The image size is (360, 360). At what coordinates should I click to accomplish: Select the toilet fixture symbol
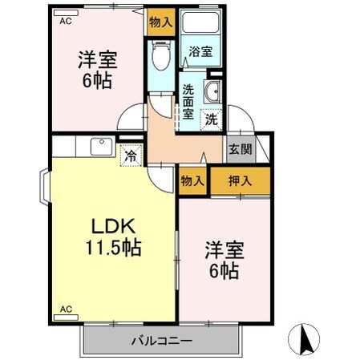pos(160,57)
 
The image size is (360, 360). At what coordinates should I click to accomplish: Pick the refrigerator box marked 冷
pos(128,155)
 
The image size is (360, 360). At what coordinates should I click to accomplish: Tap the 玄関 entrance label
pos(238,149)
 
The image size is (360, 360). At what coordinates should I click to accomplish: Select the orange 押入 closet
pos(241,180)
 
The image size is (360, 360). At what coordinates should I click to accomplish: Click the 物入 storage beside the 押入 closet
pos(192,180)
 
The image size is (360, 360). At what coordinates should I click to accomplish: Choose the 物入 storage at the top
pos(161,22)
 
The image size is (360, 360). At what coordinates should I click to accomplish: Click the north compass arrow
pos(306,340)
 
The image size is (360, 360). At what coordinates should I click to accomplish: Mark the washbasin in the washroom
pos(213,92)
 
